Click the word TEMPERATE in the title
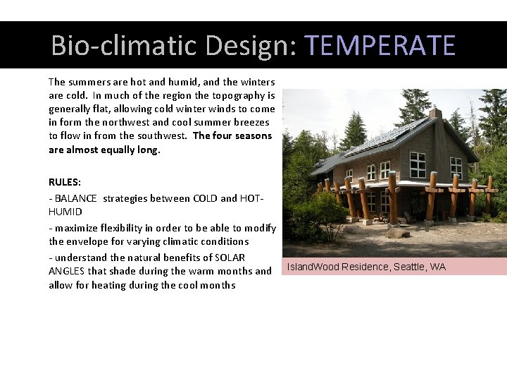(x=380, y=46)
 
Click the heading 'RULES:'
(x=65, y=182)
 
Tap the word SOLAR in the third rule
(x=230, y=258)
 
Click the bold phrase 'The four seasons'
(x=232, y=135)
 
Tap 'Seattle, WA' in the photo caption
(x=420, y=267)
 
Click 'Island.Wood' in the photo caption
(x=313, y=267)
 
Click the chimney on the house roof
(x=435, y=114)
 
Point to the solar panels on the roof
(x=384, y=138)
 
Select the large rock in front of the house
(x=399, y=232)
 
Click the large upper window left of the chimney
(x=418, y=164)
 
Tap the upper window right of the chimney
(x=456, y=166)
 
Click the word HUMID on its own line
(x=65, y=212)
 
